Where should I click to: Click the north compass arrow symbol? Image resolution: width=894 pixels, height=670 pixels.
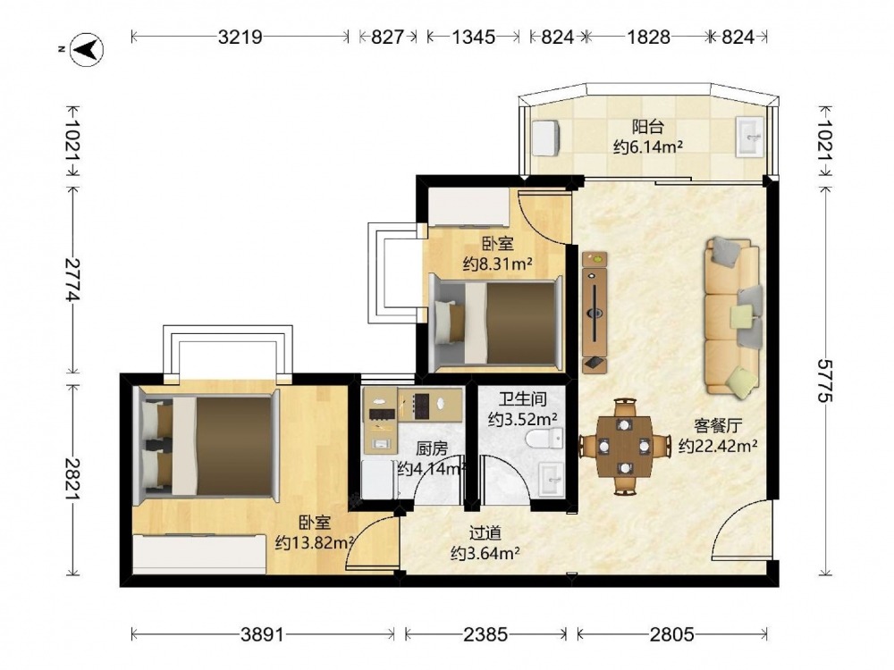87,49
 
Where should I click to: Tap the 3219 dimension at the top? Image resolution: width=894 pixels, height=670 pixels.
240,37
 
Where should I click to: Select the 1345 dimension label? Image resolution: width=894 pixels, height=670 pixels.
473,37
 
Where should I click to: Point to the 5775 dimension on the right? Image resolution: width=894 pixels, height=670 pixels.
824,380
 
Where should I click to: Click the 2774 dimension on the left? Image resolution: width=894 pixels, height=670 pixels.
73,279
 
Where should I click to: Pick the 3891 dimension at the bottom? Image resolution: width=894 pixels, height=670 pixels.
262,633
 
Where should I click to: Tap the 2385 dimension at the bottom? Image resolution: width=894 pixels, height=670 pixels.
485,633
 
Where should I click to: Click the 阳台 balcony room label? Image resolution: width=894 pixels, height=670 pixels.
647,126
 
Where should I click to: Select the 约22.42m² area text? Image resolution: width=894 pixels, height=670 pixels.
718,446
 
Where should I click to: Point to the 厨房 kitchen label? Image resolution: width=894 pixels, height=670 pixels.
432,449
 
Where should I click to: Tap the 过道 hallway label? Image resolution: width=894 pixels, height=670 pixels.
485,533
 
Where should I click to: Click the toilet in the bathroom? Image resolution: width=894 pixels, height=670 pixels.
544,440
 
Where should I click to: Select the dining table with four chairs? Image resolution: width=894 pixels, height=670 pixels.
625,447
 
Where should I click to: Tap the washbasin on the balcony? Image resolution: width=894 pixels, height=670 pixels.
749,137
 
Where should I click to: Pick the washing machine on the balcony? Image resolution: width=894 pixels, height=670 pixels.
546,138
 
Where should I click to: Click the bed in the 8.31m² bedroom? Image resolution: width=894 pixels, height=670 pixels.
495,322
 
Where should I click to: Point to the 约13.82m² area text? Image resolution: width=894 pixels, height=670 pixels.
314,543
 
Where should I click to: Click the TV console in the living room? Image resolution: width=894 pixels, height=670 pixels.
595,312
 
